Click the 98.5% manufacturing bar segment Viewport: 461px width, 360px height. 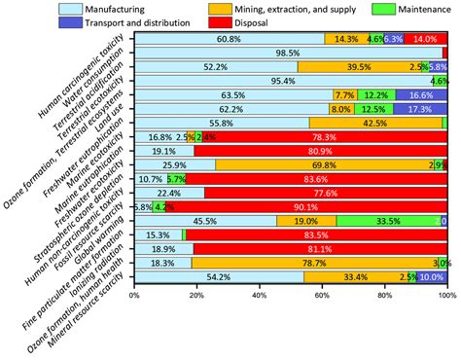click(x=288, y=53)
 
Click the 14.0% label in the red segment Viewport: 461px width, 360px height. click(x=425, y=39)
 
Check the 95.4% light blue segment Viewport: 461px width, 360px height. click(x=283, y=81)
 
